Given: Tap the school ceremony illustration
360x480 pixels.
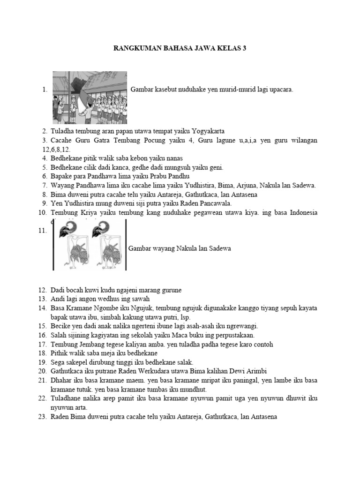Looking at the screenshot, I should pos(90,97).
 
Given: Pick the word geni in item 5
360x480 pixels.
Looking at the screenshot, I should pos(216,167).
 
